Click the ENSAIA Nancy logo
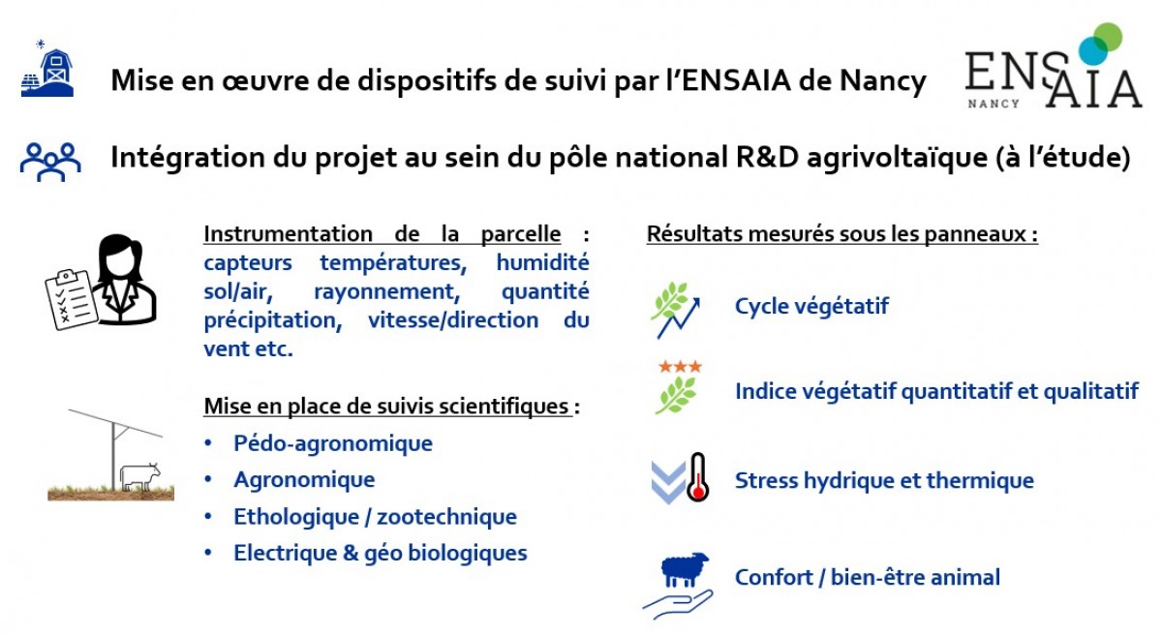(x=1054, y=66)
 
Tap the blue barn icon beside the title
(x=47, y=69)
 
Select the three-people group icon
(x=50, y=162)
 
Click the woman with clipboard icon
(x=102, y=282)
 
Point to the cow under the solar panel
(x=140, y=476)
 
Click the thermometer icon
(x=698, y=476)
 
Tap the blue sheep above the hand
(x=685, y=569)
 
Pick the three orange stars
(x=680, y=367)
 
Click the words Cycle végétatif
(x=811, y=307)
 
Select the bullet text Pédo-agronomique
(x=333, y=443)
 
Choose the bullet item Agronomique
(x=304, y=480)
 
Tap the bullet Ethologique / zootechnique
(x=375, y=517)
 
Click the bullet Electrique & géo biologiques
(x=381, y=553)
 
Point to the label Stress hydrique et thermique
(x=884, y=481)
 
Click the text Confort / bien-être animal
(x=868, y=577)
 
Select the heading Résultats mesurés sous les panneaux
(x=841, y=234)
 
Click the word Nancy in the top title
(x=883, y=82)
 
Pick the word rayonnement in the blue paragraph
(x=387, y=292)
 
